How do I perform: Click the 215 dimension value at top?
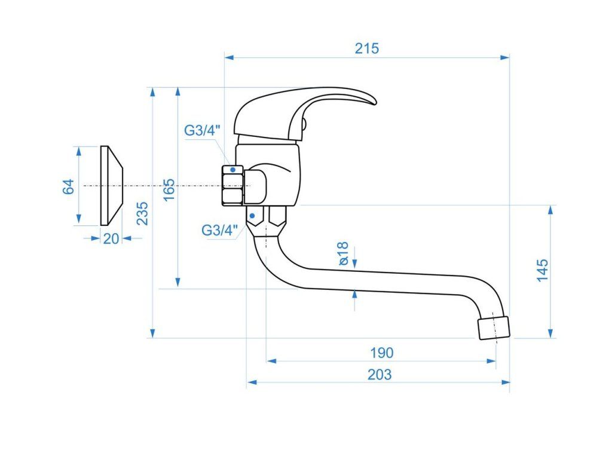pyautogui.click(x=367, y=48)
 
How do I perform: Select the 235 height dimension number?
pyautogui.click(x=142, y=213)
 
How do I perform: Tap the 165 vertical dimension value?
pyautogui.click(x=169, y=189)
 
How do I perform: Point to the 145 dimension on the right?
pyautogui.click(x=541, y=270)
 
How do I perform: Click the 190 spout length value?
pyautogui.click(x=381, y=353)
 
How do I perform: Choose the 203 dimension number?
pyautogui.click(x=380, y=375)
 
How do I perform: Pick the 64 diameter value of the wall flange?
pyautogui.click(x=69, y=186)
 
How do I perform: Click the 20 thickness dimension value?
pyautogui.click(x=111, y=238)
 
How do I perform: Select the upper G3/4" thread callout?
pyautogui.click(x=202, y=130)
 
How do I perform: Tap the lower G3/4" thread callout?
pyautogui.click(x=220, y=229)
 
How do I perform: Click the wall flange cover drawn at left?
pyautogui.click(x=111, y=186)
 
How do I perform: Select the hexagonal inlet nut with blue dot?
pyautogui.click(x=232, y=186)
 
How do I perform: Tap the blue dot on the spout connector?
pyautogui.click(x=253, y=215)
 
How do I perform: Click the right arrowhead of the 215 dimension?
pyautogui.click(x=506, y=57)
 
